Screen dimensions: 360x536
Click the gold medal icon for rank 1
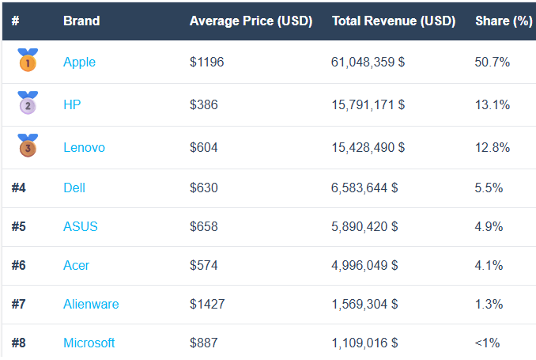point(28,60)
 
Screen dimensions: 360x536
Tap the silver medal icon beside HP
point(28,103)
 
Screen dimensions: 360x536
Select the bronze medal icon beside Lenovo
point(28,146)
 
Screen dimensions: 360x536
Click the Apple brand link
point(79,62)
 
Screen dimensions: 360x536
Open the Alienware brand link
point(91,304)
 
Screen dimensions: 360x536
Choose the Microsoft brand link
point(89,343)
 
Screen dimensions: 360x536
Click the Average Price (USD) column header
point(251,21)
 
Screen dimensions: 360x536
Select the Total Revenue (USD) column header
point(393,21)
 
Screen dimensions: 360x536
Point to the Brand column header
point(81,21)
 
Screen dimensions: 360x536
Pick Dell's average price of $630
point(204,188)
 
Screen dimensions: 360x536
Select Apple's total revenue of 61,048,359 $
point(368,62)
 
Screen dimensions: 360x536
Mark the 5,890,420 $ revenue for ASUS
point(364,226)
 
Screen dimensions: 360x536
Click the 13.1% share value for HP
point(493,104)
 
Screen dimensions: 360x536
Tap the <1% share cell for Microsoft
point(487,343)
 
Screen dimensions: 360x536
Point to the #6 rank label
point(19,265)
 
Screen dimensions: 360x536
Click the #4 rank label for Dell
point(19,188)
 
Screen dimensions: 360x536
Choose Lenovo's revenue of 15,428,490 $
point(368,147)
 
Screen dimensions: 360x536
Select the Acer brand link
point(76,265)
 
